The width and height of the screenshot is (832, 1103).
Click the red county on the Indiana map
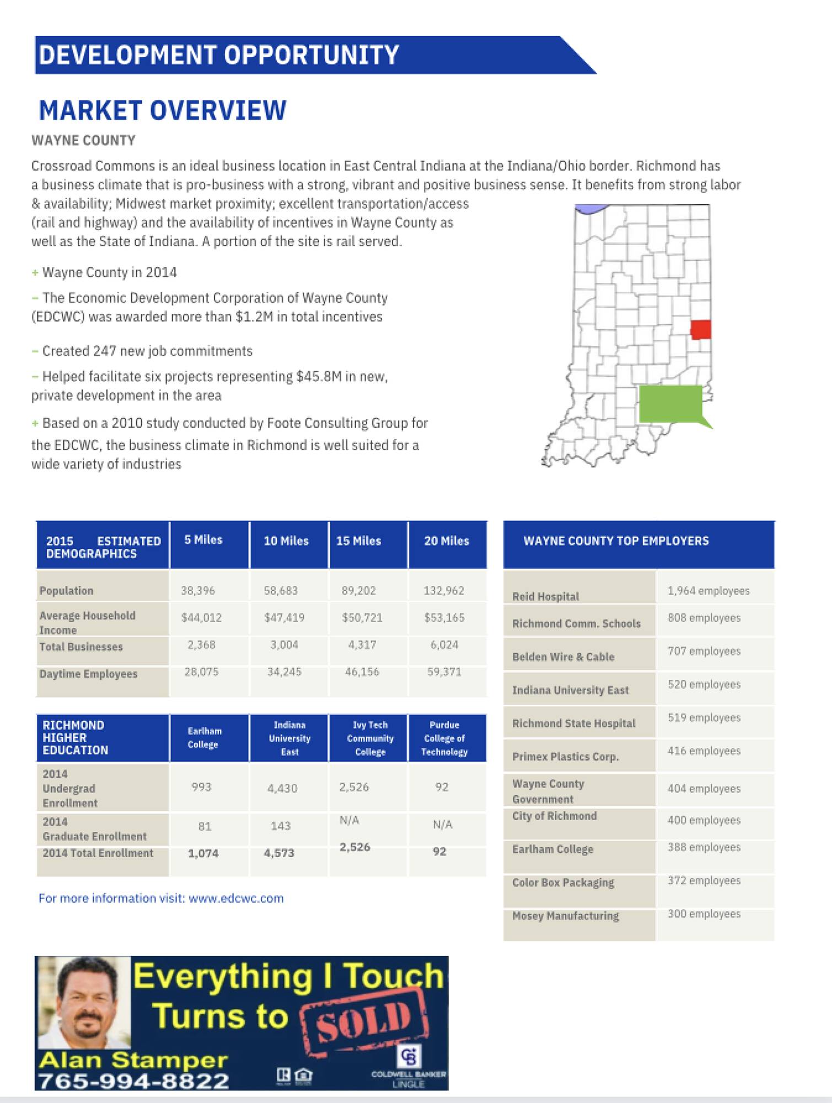click(x=700, y=330)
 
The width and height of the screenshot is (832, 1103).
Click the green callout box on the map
click(x=670, y=404)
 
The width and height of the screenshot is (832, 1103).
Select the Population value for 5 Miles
click(x=198, y=591)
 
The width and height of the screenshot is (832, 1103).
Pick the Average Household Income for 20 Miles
click(x=444, y=618)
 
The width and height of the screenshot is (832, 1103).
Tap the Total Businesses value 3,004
click(x=284, y=645)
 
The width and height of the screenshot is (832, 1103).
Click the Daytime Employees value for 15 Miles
click(x=362, y=672)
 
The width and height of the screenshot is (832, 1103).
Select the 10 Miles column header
click(x=286, y=541)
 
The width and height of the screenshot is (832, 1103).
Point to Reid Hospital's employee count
click(x=708, y=591)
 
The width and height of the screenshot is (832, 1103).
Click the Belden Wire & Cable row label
click(x=563, y=657)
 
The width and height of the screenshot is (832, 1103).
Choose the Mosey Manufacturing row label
click(x=565, y=916)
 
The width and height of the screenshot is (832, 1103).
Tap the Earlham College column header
click(x=204, y=737)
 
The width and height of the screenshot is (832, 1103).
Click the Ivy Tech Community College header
click(x=370, y=738)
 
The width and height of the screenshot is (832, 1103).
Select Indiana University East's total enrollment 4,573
click(x=279, y=853)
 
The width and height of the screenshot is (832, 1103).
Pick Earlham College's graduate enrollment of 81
click(x=205, y=826)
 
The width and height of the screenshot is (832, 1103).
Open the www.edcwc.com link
click(x=236, y=898)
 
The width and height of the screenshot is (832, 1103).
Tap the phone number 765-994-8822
click(x=133, y=1080)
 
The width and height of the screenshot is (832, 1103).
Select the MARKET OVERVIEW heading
click(x=163, y=110)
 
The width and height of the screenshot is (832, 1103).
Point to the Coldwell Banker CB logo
click(x=409, y=1056)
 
